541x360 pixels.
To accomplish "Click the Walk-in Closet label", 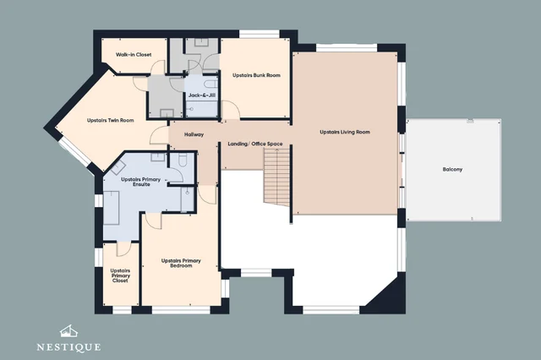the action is [134, 54].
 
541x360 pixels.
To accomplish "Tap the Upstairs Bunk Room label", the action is [256, 75].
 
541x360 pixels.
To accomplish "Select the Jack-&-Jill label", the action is [202, 95].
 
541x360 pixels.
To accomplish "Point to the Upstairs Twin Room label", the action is [111, 120].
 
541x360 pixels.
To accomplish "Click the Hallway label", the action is [194, 134].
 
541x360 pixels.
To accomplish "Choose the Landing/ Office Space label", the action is [255, 144].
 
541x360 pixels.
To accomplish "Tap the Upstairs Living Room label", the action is [345, 132].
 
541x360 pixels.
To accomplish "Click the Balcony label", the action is [452, 169].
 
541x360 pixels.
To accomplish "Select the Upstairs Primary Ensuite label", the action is [141, 182].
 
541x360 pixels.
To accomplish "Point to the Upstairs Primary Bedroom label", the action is [181, 263].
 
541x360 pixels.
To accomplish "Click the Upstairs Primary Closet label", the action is [120, 275].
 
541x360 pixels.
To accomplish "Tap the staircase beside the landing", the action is [277, 177].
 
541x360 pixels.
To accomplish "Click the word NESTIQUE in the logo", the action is [68, 346].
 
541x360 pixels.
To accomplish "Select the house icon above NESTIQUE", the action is [68, 332].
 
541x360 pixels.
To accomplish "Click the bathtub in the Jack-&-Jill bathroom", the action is [210, 84].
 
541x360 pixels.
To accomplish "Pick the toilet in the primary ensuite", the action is [183, 159].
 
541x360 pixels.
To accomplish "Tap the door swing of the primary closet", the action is [124, 249].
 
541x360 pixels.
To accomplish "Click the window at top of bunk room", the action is [260, 34].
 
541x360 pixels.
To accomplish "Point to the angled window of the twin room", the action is [74, 154].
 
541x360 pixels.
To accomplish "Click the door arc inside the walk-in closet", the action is [158, 67].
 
